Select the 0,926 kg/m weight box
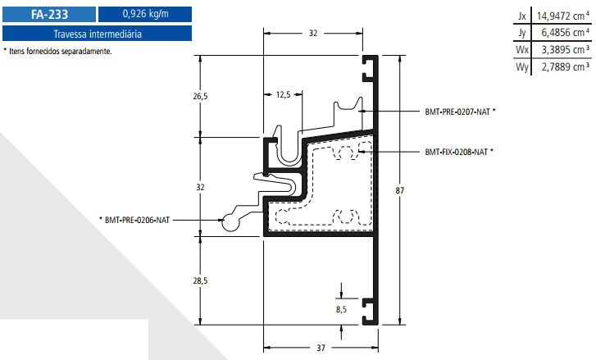pyautogui.click(x=144, y=14)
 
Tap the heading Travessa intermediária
pyautogui.click(x=98, y=34)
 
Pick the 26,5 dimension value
pyautogui.click(x=200, y=96)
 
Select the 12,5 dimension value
pyautogui.click(x=284, y=95)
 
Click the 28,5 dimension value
pyautogui.click(x=200, y=280)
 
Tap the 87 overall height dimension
pyautogui.click(x=399, y=191)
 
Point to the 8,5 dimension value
pyautogui.click(x=341, y=310)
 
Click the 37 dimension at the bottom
pyautogui.click(x=321, y=348)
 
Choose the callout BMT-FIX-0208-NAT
pyautogui.click(x=458, y=152)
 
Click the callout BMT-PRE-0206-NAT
pyautogui.click(x=137, y=220)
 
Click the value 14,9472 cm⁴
pyautogui.click(x=562, y=16)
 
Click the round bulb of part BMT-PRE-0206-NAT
pyautogui.click(x=232, y=220)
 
